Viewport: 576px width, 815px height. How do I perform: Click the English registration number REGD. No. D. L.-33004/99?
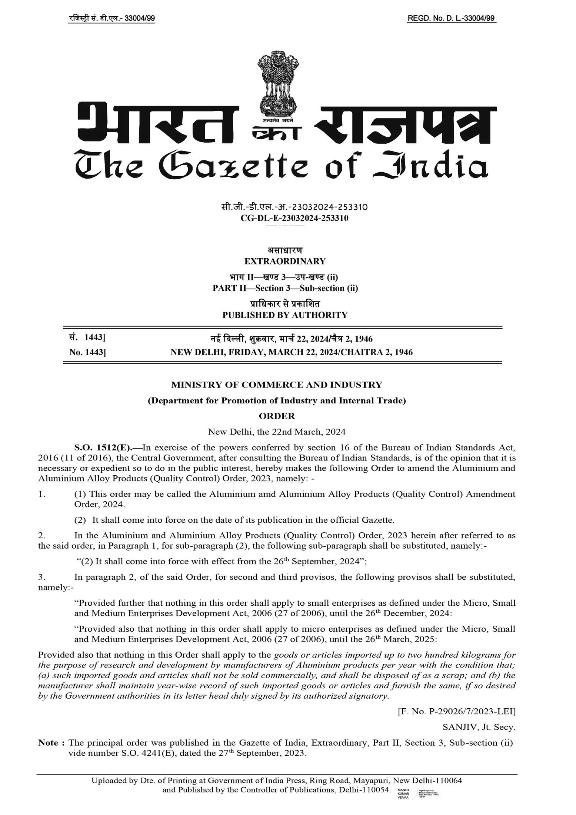tap(451, 19)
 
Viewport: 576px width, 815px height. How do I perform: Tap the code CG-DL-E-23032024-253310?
tap(294, 218)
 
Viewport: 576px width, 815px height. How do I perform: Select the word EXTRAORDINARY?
tap(285, 261)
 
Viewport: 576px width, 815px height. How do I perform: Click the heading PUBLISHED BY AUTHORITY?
tap(285, 315)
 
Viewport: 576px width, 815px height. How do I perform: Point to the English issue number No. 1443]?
tap(87, 352)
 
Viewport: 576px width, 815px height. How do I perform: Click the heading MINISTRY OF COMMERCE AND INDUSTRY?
tap(277, 385)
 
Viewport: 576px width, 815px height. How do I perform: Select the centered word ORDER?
tap(277, 416)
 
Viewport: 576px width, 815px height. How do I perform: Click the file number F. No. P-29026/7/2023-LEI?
tap(456, 711)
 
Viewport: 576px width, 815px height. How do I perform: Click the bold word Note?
tap(48, 742)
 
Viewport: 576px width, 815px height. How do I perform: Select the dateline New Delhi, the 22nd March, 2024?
tap(277, 432)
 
